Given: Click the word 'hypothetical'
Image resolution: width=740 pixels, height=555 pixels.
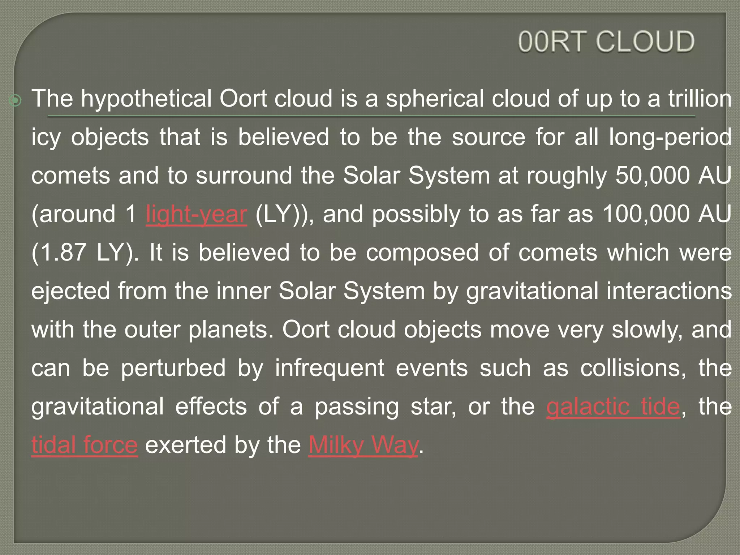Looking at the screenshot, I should (146, 99).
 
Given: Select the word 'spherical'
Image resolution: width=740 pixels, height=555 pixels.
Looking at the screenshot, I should (435, 99).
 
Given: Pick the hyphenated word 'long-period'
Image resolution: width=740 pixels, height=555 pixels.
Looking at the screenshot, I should (670, 138).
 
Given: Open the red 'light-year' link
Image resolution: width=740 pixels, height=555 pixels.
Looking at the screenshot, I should (197, 214).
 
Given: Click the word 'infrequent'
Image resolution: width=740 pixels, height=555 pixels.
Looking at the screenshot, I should (330, 369).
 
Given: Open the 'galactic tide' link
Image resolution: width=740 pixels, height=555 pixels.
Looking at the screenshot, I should (613, 407).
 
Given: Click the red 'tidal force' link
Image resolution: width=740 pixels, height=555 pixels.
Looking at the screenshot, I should (85, 445).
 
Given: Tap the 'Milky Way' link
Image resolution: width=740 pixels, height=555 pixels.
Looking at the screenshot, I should (363, 445).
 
